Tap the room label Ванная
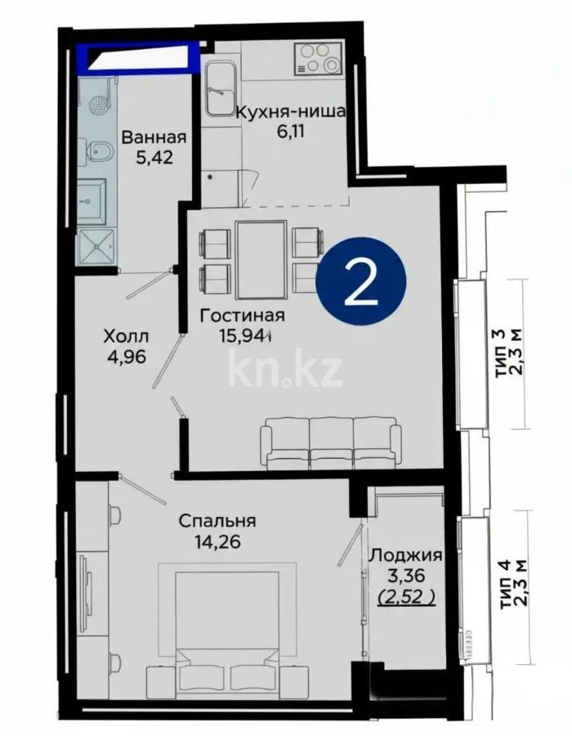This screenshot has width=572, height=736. (x=154, y=137)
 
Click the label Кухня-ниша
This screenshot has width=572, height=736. (x=291, y=113)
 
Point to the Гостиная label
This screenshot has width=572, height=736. (x=244, y=316)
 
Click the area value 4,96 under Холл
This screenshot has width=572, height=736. (x=126, y=357)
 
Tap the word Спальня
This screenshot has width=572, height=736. (x=217, y=520)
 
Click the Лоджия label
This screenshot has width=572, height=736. (x=406, y=555)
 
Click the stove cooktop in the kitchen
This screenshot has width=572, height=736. (x=320, y=57)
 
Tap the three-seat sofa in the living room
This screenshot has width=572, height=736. (x=331, y=442)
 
